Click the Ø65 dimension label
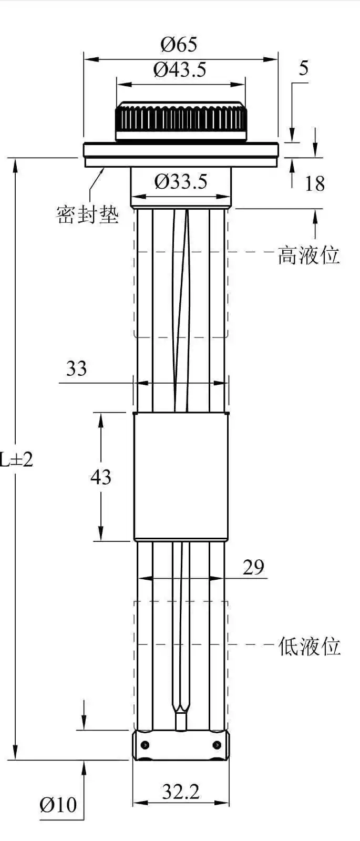[179, 45]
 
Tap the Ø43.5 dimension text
[180, 70]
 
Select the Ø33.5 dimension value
[181, 182]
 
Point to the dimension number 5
[303, 68]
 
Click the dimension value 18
[315, 184]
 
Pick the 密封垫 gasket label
[88, 214]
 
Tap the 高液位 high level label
[309, 255]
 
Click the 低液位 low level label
[310, 646]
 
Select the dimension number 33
[76, 369]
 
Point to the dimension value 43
[101, 477]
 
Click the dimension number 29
[253, 568]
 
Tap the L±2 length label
[17, 460]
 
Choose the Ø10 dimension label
[58, 804]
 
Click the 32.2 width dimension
[181, 792]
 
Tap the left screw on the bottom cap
[145, 745]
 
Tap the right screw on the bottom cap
[217, 745]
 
